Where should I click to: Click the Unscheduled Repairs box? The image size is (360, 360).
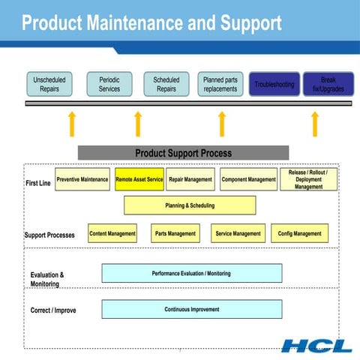[49, 84]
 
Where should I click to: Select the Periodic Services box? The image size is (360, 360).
[109, 84]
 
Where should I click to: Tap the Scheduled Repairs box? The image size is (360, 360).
[166, 84]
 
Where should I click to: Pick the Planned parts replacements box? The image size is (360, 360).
[220, 84]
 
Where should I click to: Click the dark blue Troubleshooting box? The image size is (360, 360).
[274, 85]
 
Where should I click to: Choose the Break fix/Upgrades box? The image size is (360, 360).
[328, 84]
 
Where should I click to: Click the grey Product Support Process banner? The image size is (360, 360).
[183, 153]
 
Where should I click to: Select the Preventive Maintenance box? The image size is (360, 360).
[82, 180]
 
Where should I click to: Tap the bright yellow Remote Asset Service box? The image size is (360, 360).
[139, 180]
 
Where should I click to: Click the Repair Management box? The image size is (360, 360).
[190, 180]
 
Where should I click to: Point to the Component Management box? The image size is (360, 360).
[248, 180]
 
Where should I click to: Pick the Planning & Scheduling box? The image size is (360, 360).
[190, 205]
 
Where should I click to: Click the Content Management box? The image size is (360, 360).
[112, 234]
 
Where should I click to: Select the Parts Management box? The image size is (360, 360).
[175, 234]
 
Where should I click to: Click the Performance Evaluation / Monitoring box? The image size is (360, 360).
[191, 274]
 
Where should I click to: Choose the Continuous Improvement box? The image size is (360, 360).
[191, 310]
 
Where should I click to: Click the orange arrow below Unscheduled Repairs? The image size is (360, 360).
[71, 124]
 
